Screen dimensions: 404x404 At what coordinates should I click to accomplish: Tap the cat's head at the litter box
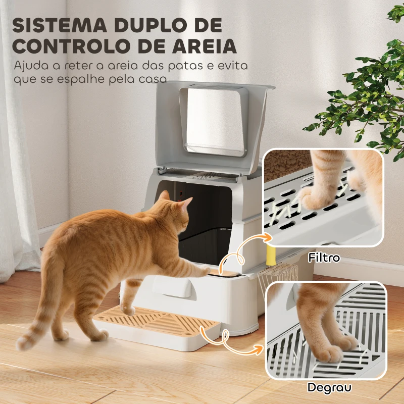click(x=174, y=208)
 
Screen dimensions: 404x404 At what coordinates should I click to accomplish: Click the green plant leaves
click(x=364, y=101)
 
